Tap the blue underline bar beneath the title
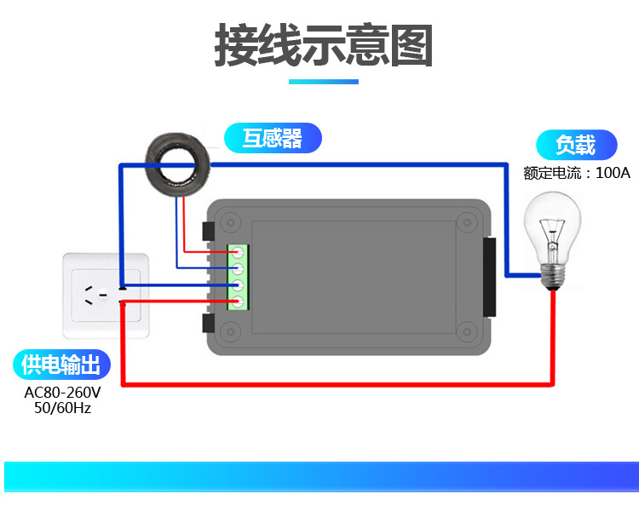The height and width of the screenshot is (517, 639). point(323,82)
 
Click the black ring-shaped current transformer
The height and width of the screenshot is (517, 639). point(178,163)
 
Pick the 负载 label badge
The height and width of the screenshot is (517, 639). point(575,145)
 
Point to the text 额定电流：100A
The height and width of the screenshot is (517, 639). point(577,173)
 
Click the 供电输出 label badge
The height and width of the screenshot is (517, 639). point(61,365)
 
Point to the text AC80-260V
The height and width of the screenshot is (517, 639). point(62,393)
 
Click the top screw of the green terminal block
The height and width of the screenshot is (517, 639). point(239,252)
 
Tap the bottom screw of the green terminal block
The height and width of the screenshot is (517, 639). point(239,302)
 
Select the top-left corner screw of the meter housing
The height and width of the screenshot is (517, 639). point(227,222)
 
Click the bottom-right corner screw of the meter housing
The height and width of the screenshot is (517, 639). point(466,333)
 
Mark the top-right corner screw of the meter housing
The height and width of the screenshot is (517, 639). point(466,222)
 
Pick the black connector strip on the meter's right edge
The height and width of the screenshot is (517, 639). point(489,277)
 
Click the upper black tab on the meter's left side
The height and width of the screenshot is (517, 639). point(207,231)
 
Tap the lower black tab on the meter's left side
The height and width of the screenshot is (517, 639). point(207,323)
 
